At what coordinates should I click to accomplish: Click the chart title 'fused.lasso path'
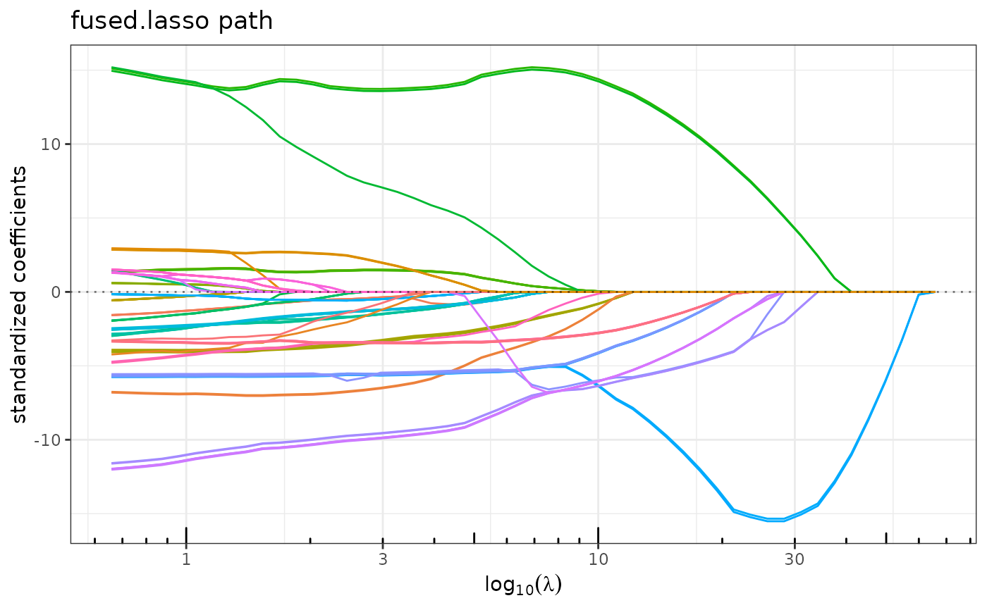171,21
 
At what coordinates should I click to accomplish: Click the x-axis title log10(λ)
522,585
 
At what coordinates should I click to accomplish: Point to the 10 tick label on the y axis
53,144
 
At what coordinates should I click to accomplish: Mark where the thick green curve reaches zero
851,291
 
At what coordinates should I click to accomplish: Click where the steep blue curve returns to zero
919,294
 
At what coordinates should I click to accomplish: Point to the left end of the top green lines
113,68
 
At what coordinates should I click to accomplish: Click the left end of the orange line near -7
113,392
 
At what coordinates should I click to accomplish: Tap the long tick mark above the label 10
598,535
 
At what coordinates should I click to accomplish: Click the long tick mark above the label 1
186,535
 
